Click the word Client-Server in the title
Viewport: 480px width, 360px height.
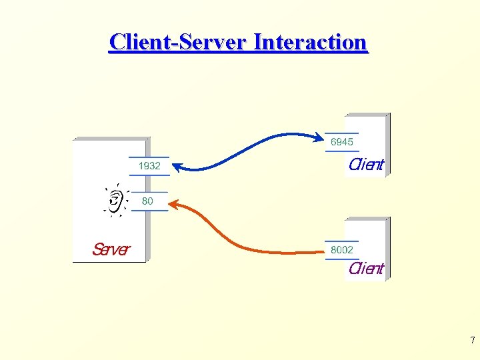tap(178, 42)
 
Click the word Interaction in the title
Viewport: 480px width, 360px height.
tap(311, 42)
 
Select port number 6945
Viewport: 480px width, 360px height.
tap(342, 142)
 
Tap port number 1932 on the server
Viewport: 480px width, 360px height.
tap(149, 166)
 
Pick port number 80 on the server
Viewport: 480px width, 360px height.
tap(147, 201)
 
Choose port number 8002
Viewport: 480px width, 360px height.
tap(342, 250)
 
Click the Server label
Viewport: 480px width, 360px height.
tap(111, 249)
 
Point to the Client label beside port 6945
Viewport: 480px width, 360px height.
tap(366, 165)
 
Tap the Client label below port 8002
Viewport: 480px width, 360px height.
tap(366, 269)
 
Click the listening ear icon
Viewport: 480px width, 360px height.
tap(115, 199)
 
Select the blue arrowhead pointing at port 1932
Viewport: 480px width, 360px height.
tap(177, 166)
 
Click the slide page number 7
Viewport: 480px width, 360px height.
tap(472, 341)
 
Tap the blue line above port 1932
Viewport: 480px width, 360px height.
tap(149, 157)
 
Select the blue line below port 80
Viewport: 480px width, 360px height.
tap(149, 210)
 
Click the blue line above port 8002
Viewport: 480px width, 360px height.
tap(341, 241)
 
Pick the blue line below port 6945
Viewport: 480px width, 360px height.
tap(341, 151)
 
